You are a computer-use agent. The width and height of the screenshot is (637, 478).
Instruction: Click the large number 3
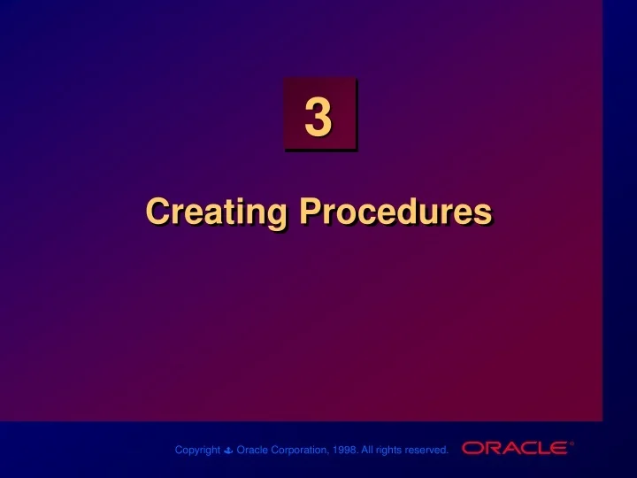click(318, 119)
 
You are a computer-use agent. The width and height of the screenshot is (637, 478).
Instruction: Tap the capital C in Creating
click(158, 212)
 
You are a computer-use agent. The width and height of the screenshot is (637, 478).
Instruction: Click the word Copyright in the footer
click(197, 450)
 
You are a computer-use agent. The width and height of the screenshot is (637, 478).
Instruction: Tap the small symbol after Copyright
click(228, 451)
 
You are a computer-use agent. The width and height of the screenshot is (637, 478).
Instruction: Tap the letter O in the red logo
click(471, 448)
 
